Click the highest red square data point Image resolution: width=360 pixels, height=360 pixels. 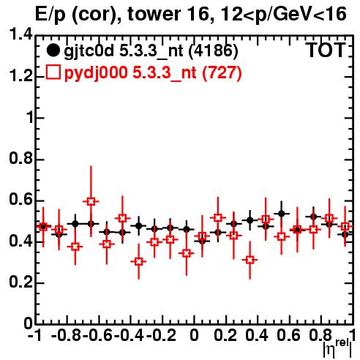[x=91, y=201]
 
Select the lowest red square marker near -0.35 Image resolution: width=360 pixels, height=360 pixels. [x=138, y=262]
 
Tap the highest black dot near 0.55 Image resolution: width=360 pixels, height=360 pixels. [x=282, y=214]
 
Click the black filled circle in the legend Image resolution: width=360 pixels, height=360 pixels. [x=53, y=50]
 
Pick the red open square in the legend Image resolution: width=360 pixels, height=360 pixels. [x=53, y=72]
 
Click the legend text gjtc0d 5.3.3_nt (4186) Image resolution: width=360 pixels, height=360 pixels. [x=151, y=51]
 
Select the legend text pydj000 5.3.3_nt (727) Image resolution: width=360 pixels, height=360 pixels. [x=153, y=73]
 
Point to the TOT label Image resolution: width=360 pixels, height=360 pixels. [x=326, y=50]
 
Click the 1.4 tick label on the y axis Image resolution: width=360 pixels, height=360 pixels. [x=21, y=34]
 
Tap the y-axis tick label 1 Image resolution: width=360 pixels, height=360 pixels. [x=30, y=118]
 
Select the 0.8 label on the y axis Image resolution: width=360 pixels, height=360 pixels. [x=21, y=159]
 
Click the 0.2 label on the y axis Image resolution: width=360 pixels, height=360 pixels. [x=21, y=282]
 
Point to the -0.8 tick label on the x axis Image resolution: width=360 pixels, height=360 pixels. [x=66, y=336]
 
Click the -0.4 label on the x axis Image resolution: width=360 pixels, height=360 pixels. [x=129, y=336]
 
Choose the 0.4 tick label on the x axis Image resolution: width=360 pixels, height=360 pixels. [x=256, y=336]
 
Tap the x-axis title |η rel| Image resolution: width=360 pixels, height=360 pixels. [x=337, y=349]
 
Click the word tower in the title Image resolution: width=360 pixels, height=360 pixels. [x=154, y=14]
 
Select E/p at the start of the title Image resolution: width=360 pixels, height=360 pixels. [x=50, y=15]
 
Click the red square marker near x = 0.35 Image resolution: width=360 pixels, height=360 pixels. [x=250, y=260]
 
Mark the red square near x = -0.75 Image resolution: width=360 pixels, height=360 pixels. [x=75, y=247]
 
